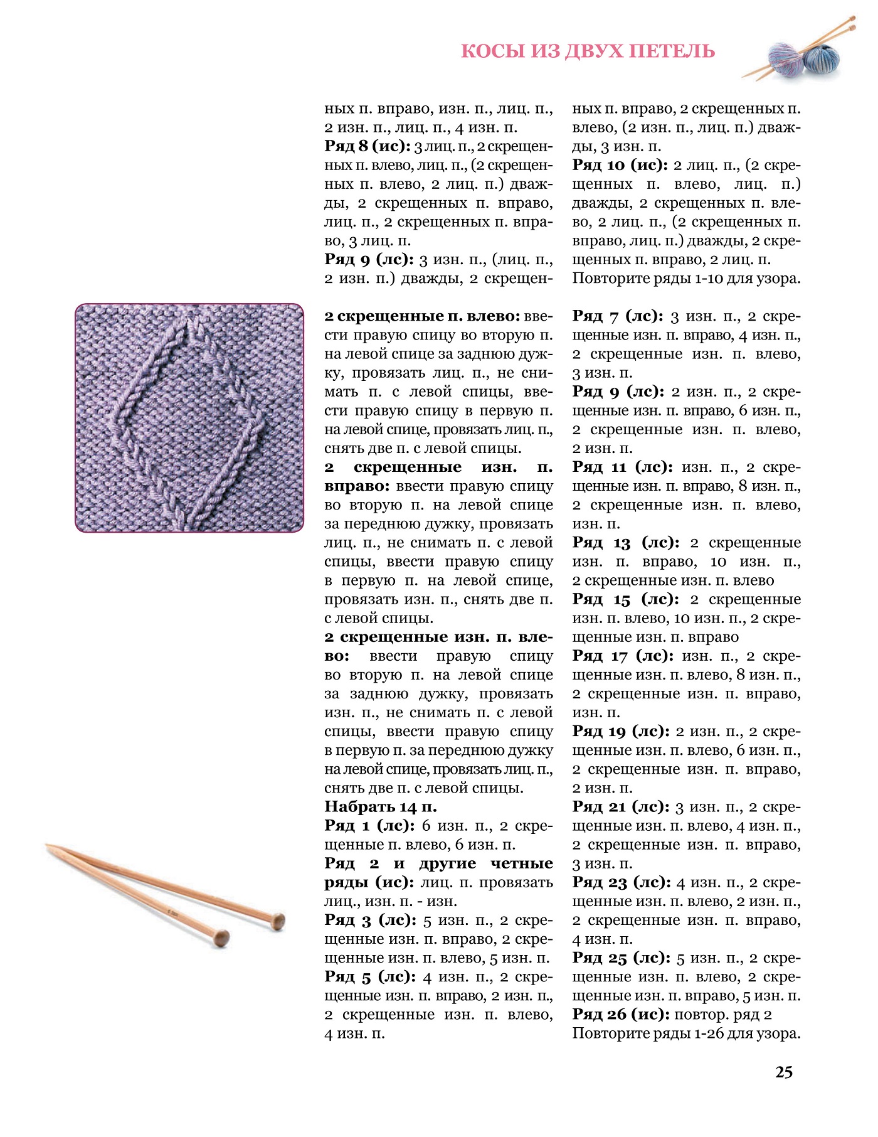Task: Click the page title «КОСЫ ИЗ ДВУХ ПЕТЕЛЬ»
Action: [x=588, y=51]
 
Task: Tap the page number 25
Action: [x=784, y=1072]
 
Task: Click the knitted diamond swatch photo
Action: [x=189, y=418]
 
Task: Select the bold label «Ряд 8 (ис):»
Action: [x=368, y=146]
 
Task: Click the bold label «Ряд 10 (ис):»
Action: [x=620, y=165]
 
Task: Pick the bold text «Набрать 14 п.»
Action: [x=381, y=806]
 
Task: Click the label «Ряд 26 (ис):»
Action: [x=621, y=1015]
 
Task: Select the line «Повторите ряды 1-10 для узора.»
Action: [x=686, y=278]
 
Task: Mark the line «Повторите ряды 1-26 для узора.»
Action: [x=686, y=1033]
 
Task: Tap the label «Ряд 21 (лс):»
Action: [x=621, y=807]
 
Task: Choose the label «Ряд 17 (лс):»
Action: [x=623, y=656]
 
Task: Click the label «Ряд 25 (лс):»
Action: [x=621, y=958]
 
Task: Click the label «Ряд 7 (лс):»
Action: [x=618, y=316]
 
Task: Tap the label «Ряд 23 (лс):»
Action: [x=621, y=882]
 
